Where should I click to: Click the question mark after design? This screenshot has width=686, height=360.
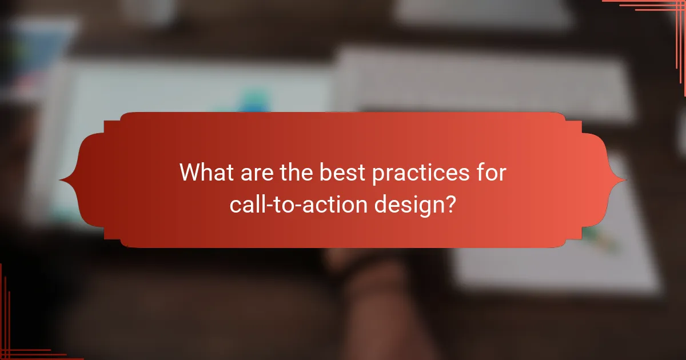(x=450, y=203)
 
